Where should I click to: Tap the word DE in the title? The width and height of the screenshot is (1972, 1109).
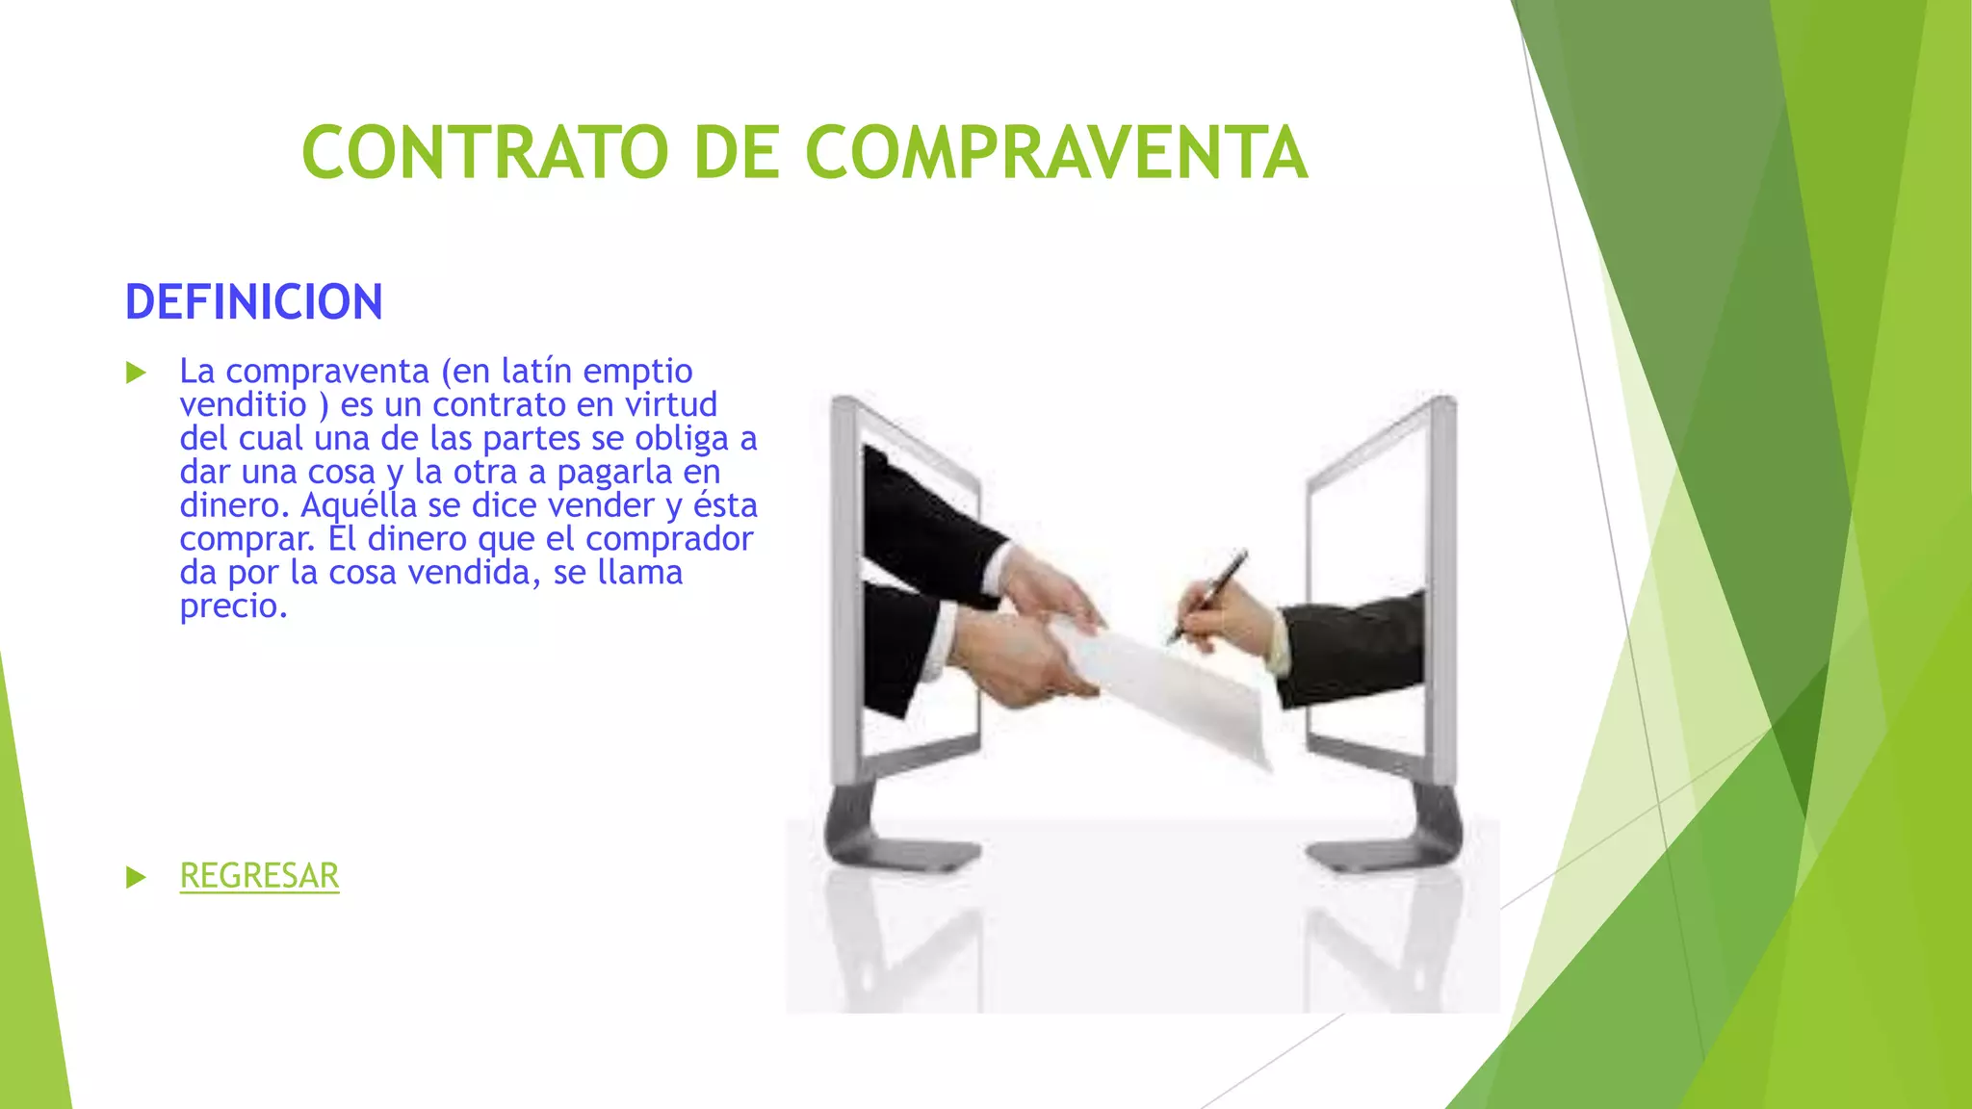737,152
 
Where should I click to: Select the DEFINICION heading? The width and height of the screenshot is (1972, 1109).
254,302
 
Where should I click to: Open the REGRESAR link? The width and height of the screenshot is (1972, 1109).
259,876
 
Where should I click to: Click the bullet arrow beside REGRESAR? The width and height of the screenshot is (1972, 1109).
136,877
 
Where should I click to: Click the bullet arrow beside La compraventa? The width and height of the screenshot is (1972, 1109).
136,373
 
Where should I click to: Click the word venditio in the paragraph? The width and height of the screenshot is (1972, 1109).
243,404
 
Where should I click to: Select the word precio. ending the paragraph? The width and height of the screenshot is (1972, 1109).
233,606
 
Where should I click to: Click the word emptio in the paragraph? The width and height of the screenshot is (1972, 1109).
637,372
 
